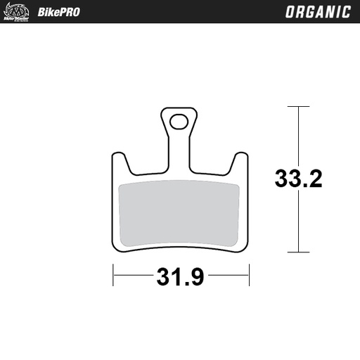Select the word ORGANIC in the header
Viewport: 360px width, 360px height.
tap(318, 12)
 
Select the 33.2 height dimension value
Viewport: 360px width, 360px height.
tap(298, 179)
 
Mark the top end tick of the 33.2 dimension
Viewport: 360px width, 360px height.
tap(298, 107)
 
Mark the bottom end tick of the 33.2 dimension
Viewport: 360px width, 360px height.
tap(298, 252)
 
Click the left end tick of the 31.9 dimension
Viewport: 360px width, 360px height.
tap(113, 276)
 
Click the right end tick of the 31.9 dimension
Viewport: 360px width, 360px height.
tap(249, 276)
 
